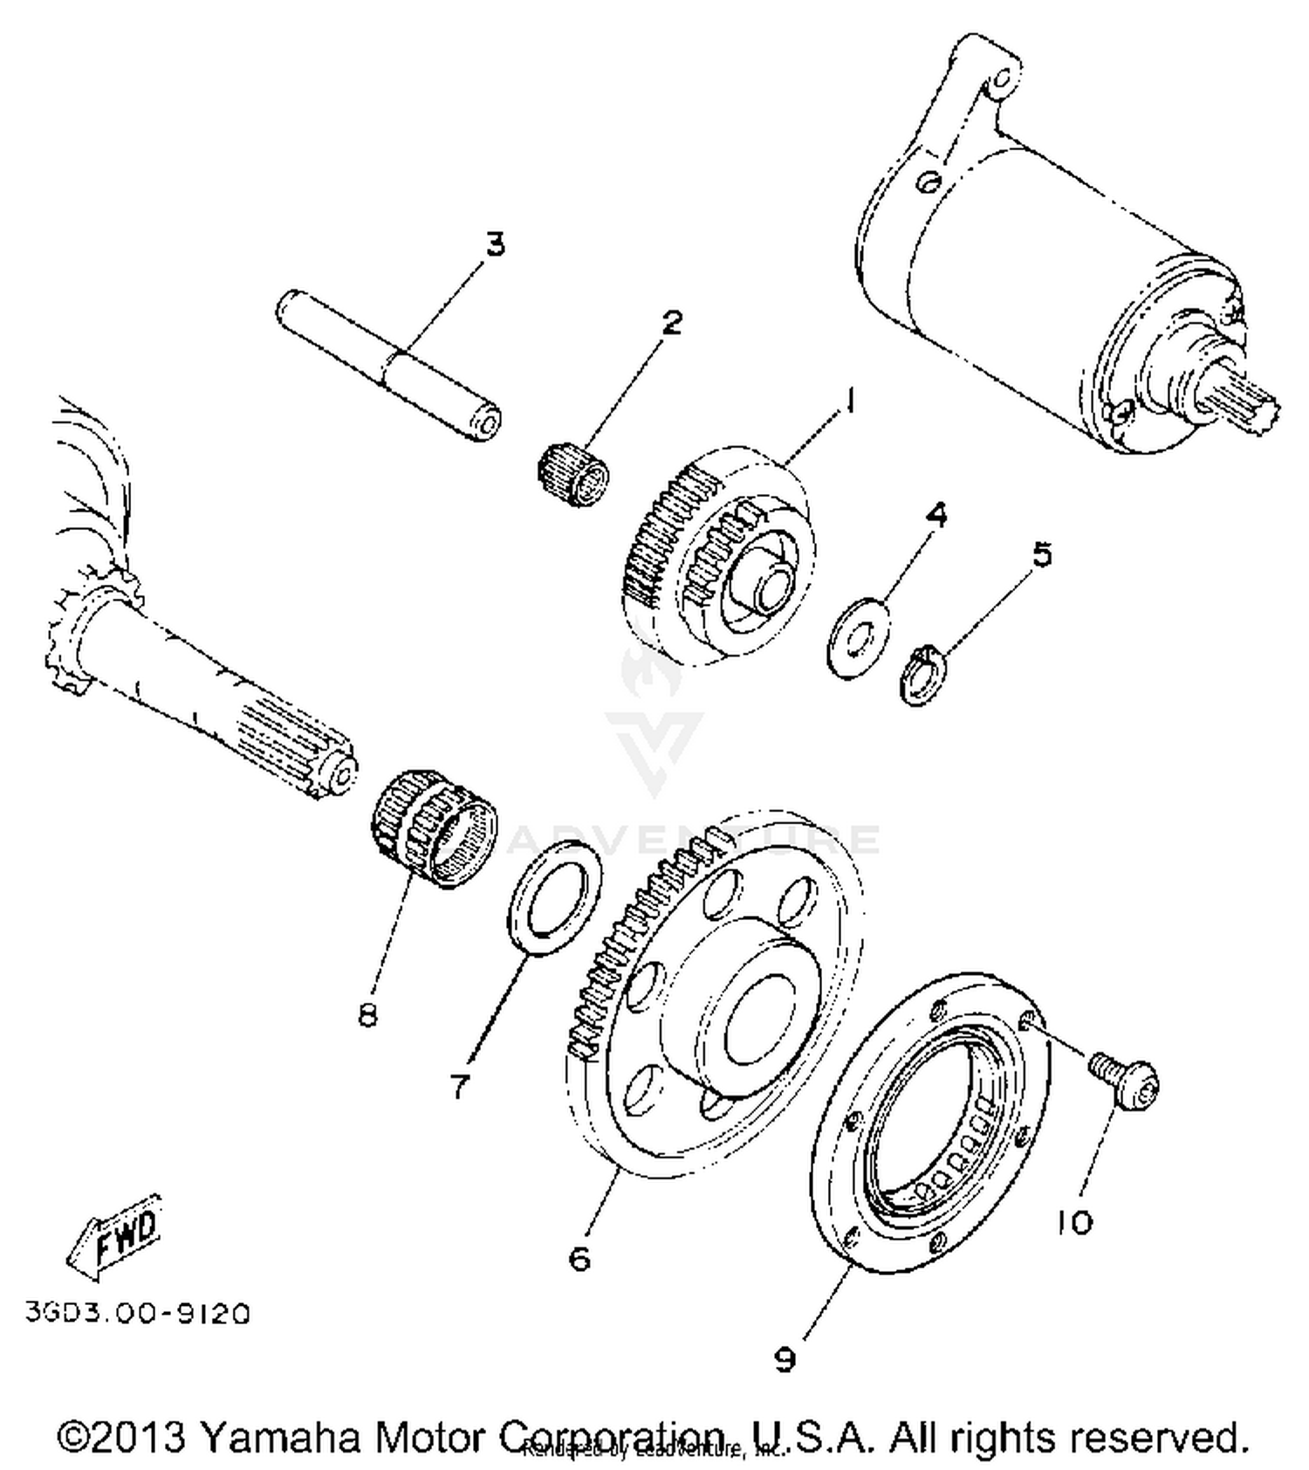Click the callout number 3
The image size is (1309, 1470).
click(x=495, y=245)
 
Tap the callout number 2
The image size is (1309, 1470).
click(x=670, y=323)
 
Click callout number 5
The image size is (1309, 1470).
click(x=1042, y=554)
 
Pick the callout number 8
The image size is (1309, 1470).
click(x=367, y=1014)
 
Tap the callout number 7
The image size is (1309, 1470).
click(x=460, y=1086)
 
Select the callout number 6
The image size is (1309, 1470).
click(x=579, y=1258)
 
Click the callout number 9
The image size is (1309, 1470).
click(x=785, y=1359)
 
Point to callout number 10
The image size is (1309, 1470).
click(x=1074, y=1222)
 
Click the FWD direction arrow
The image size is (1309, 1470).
click(x=116, y=1233)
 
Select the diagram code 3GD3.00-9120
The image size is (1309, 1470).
click(x=138, y=1313)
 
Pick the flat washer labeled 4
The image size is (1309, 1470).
click(x=858, y=636)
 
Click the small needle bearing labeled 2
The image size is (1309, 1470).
click(x=573, y=476)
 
